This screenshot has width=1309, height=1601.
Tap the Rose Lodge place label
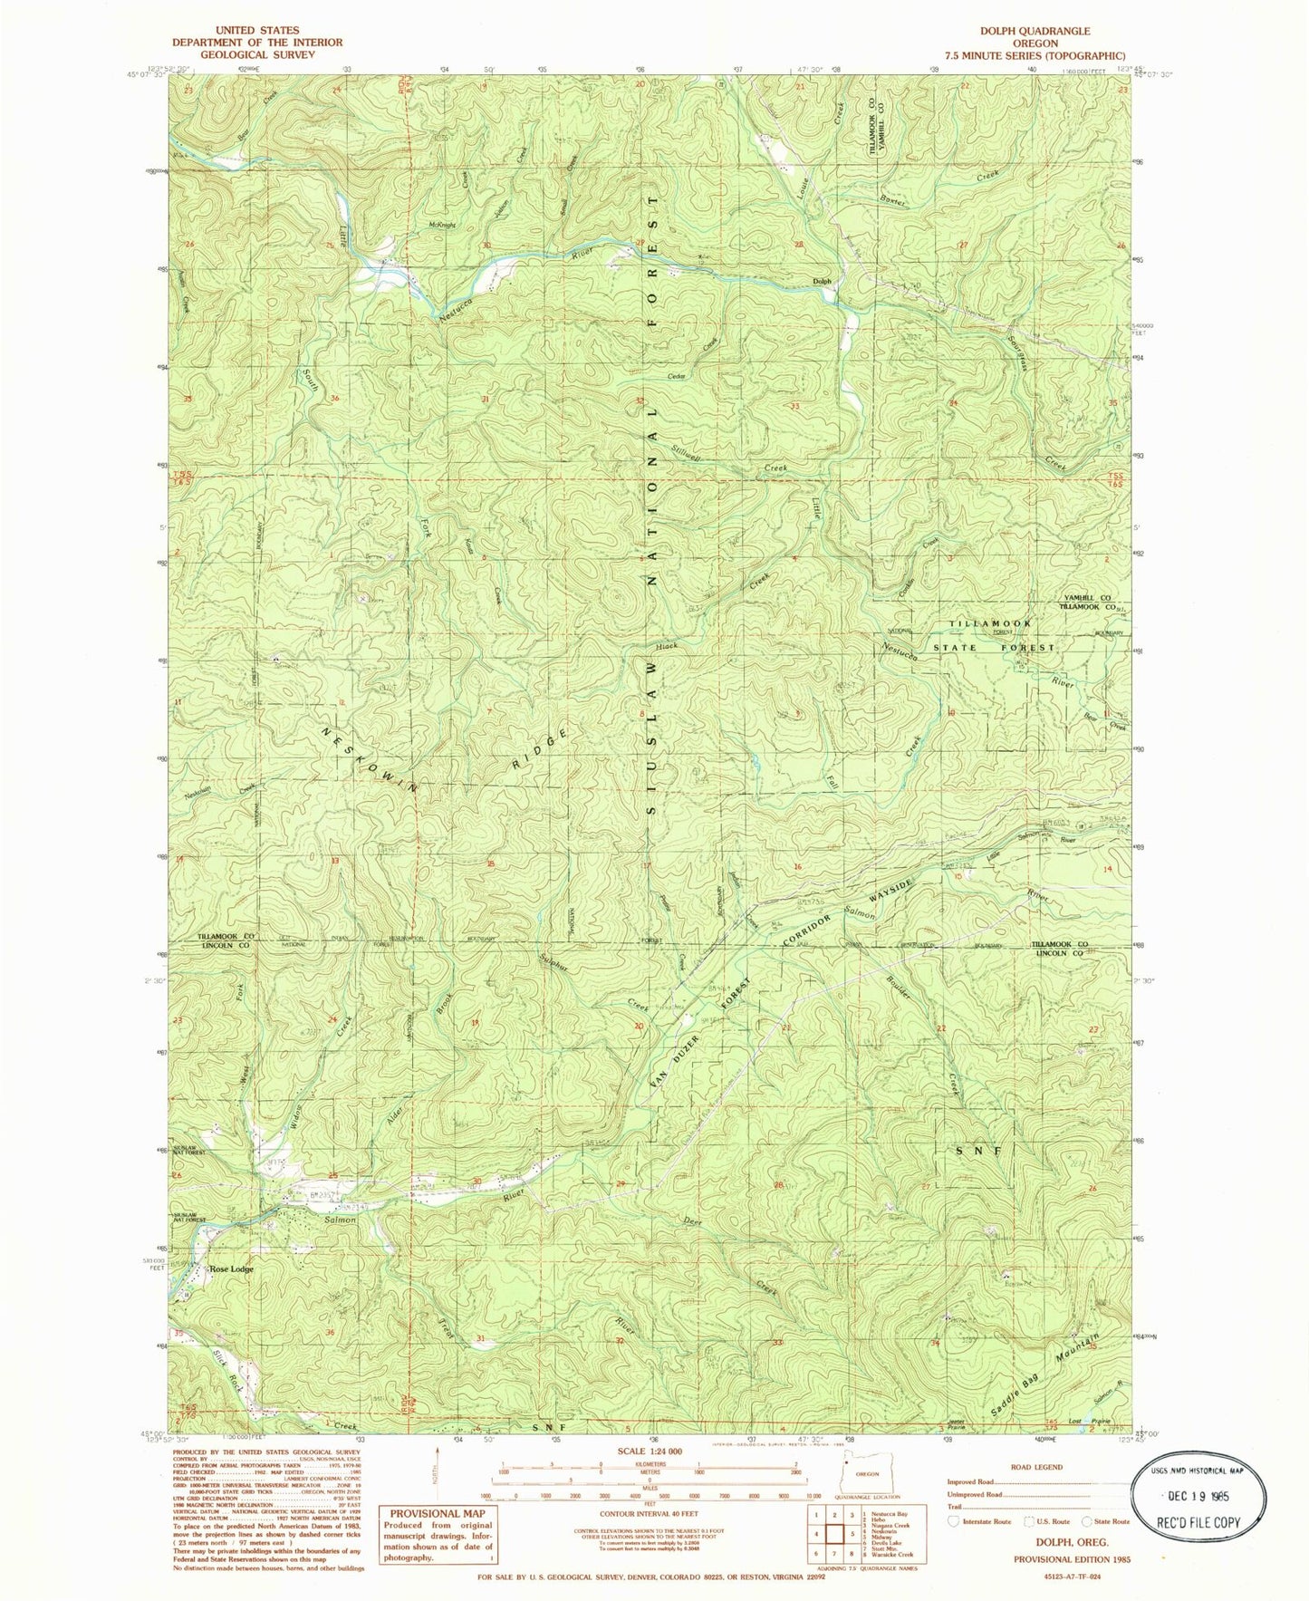[231, 1269]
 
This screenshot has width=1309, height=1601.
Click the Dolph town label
[822, 281]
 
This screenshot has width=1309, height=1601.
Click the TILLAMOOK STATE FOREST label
[1002, 636]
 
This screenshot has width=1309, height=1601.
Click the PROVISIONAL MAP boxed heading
[438, 1513]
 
